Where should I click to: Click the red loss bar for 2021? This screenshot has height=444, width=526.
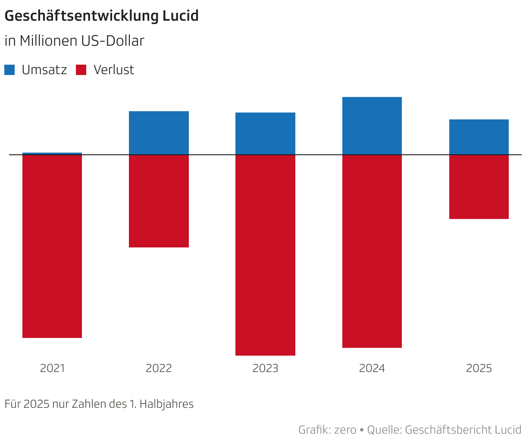[52, 246]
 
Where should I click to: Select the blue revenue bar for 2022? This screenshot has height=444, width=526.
[159, 133]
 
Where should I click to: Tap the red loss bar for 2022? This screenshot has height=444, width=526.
[159, 201]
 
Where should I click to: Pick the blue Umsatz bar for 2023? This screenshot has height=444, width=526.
[265, 134]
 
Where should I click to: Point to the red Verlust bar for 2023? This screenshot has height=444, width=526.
[265, 255]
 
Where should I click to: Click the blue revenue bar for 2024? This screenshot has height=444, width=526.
[372, 126]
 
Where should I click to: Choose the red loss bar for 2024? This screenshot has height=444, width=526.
[372, 251]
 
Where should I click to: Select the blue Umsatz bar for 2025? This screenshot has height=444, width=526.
[479, 137]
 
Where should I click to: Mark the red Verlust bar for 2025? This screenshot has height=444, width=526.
[479, 187]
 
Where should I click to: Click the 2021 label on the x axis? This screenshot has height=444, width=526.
[52, 369]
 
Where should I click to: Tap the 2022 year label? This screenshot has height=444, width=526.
[159, 369]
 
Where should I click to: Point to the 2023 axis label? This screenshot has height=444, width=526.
[265, 369]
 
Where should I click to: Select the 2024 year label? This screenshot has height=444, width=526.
[372, 369]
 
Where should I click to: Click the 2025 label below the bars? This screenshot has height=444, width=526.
[479, 369]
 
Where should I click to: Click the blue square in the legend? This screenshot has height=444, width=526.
[9, 70]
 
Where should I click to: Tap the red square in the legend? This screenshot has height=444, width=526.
[81, 70]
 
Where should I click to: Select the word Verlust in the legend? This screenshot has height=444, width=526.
[114, 70]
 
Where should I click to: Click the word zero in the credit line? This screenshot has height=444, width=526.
[345, 430]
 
